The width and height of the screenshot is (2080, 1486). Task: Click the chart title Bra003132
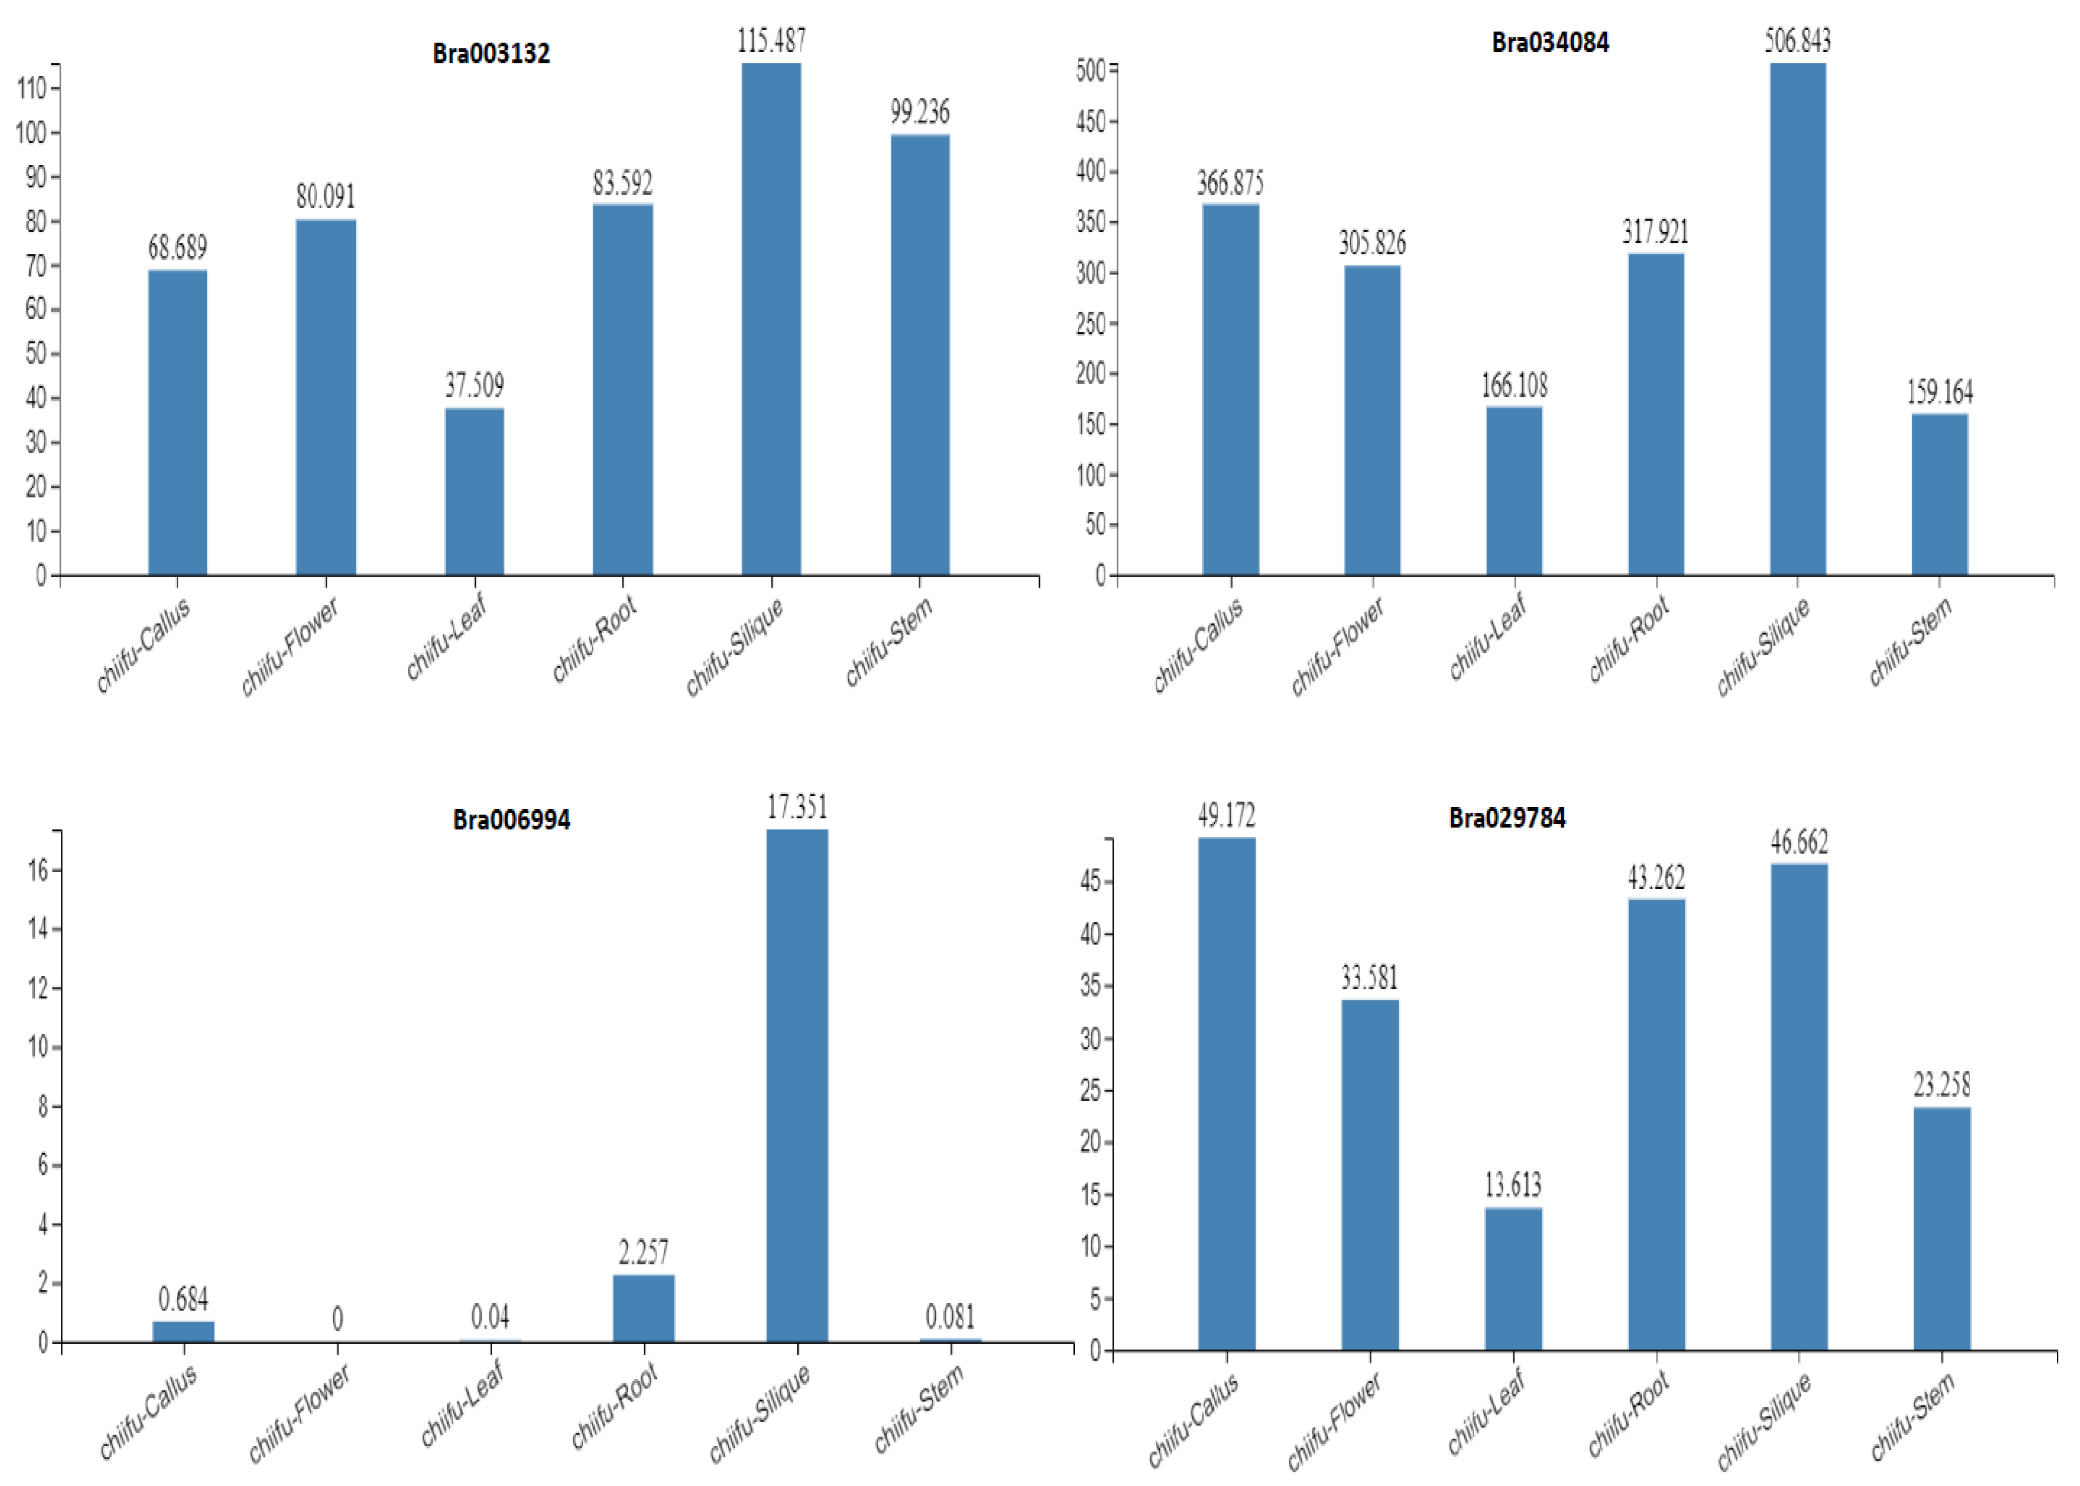pyautogui.click(x=492, y=53)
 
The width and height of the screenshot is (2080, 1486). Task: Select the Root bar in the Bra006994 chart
pyautogui.click(x=643, y=1308)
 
